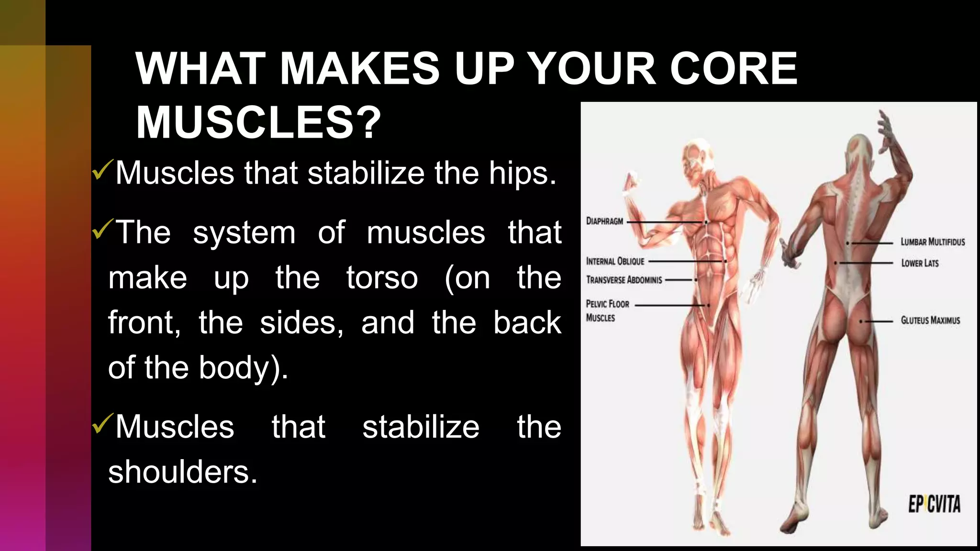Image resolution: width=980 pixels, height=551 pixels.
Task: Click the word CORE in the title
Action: [733, 68]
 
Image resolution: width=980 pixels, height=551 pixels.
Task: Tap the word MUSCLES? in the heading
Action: [258, 122]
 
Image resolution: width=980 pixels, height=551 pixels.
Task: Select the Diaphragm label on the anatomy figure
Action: [605, 221]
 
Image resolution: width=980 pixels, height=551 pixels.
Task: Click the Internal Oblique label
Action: [615, 261]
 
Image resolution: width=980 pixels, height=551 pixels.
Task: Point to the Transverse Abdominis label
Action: [624, 280]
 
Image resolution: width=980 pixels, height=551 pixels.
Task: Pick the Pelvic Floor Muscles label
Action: [607, 310]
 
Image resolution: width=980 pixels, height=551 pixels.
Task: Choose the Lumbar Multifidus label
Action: [933, 242]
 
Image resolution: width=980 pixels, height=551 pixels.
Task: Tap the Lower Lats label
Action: [920, 263]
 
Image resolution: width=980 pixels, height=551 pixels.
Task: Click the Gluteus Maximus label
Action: [930, 320]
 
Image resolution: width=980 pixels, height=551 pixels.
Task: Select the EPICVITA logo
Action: [934, 505]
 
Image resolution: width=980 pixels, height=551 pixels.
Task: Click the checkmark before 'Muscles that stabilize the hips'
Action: [102, 170]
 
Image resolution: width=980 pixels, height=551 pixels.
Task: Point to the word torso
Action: [382, 278]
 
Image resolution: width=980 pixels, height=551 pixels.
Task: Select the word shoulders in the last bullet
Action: [183, 472]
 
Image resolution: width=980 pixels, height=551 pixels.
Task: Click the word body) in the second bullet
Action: [243, 368]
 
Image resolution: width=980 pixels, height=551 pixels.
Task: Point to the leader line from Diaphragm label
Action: [665, 222]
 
